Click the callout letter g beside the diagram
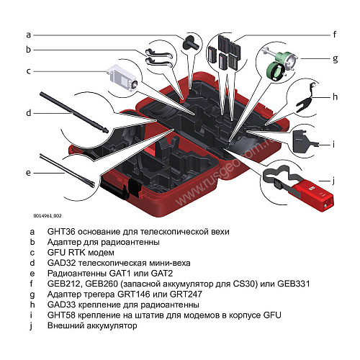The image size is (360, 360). (336, 59)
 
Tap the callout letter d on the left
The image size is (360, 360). (29, 112)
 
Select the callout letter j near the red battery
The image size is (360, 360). (333, 181)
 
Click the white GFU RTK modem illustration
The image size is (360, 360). (122, 78)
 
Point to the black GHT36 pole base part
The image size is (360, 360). (191, 42)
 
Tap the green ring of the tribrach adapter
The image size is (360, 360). (276, 72)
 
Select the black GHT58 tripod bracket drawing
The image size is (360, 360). (304, 141)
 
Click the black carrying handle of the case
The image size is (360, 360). (114, 189)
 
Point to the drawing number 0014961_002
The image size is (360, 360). (48, 216)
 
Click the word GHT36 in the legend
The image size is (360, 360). (61, 232)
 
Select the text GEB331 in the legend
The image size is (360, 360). (294, 284)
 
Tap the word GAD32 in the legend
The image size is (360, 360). (62, 263)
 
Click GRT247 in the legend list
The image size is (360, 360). (186, 294)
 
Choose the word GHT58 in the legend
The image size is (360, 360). (61, 315)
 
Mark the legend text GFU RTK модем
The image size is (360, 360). (81, 253)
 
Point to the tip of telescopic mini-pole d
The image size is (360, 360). (107, 131)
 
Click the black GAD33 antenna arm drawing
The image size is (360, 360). (305, 99)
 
